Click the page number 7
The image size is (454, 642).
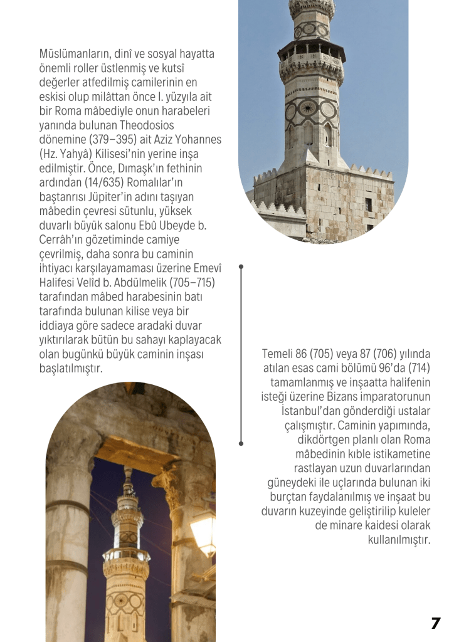pos(436,623)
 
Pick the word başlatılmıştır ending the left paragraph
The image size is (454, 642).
pos(70,369)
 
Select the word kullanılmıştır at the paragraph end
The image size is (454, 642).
pos(399,540)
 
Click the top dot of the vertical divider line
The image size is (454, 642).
pos(241,267)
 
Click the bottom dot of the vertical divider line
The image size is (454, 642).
pos(241,443)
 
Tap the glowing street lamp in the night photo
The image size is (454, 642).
pos(203,533)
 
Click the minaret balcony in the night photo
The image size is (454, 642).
pos(126,558)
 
